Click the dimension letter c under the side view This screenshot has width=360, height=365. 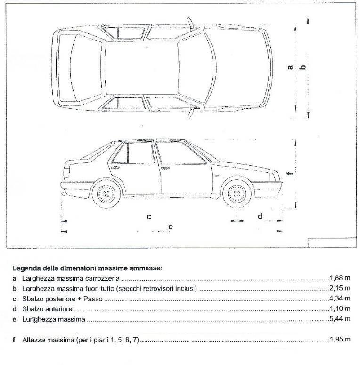(148, 217)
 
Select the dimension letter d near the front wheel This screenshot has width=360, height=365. (260, 216)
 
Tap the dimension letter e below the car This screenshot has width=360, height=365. (171, 227)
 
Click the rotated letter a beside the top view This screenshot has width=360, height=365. (290, 67)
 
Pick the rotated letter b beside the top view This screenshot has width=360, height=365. (304, 67)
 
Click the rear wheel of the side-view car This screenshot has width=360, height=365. (106, 194)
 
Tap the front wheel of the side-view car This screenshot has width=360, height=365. (236, 194)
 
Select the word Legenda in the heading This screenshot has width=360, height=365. (28, 268)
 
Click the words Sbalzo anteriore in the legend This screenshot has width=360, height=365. (44, 309)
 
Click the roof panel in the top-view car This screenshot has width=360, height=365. (141, 67)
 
